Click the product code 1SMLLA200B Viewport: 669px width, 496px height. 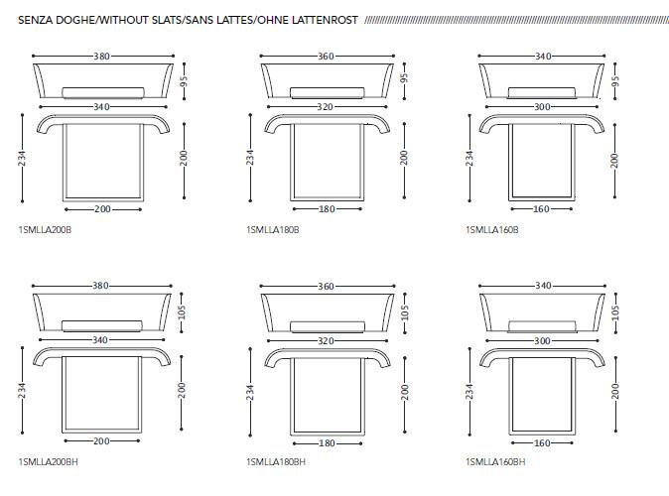45,230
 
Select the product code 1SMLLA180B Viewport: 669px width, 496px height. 273,230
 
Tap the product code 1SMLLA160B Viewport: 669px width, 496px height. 492,230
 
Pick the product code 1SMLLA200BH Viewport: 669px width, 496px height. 49,462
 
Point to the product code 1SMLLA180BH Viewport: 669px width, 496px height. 276,462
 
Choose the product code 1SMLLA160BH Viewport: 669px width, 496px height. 495,462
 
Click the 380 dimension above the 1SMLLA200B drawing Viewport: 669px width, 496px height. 102,57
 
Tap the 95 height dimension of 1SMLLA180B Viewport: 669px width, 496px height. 404,78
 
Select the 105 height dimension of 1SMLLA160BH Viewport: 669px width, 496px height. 615,312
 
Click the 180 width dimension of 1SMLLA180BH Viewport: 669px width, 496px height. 327,443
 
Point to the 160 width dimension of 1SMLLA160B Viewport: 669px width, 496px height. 541,209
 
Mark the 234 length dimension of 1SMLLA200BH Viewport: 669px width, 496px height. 22,391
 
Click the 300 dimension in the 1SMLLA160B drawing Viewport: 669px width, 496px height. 542,106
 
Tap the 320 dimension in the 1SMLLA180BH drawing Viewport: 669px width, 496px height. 326,341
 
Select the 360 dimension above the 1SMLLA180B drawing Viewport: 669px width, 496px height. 326,57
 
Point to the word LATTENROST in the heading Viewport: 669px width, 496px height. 325,21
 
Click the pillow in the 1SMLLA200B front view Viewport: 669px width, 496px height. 103,93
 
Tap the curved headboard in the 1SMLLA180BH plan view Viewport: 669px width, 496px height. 328,354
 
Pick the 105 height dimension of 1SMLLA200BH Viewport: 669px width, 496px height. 182,312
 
